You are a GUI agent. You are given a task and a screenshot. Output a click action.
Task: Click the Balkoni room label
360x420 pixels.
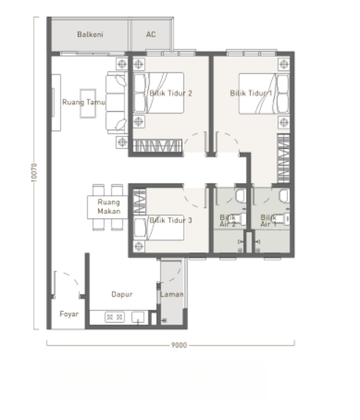click(x=90, y=34)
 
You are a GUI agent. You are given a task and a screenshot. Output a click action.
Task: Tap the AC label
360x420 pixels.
click(x=151, y=34)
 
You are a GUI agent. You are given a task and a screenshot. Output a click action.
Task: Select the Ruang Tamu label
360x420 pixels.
click(x=83, y=102)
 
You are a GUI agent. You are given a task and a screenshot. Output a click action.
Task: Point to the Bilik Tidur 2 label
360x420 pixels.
click(x=171, y=93)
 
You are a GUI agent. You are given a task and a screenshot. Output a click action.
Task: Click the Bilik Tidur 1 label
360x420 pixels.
click(x=251, y=93)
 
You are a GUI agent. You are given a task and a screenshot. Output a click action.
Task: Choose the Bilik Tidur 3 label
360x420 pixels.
click(x=171, y=220)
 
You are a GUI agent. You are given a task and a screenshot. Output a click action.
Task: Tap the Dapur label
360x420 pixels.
click(x=122, y=295)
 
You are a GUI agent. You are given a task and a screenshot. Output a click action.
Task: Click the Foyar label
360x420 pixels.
click(x=69, y=314)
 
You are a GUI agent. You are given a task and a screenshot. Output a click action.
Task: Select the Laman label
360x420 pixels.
click(x=172, y=295)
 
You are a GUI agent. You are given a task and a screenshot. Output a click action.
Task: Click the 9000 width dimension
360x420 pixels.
click(x=179, y=345)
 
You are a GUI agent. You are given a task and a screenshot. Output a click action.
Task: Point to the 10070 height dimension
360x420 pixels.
click(x=34, y=173)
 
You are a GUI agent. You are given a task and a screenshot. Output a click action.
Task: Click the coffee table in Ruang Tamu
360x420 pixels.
click(x=88, y=103)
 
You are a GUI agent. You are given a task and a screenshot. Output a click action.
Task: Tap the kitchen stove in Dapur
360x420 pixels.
click(x=115, y=317)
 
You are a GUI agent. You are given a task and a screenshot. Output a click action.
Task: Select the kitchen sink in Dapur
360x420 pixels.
click(x=138, y=318)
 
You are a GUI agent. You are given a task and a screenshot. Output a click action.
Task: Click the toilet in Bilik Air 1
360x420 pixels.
click(x=284, y=196)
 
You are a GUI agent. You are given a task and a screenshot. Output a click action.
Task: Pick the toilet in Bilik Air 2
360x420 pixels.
click(x=241, y=196)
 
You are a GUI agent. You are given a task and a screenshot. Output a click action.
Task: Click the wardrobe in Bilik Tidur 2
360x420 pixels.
click(x=157, y=146)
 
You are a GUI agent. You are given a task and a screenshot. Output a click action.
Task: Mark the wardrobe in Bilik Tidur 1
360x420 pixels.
click(x=284, y=158)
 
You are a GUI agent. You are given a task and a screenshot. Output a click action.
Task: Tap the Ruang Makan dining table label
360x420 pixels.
click(x=109, y=207)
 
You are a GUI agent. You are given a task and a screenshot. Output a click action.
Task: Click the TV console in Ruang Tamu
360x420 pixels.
click(x=56, y=102)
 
